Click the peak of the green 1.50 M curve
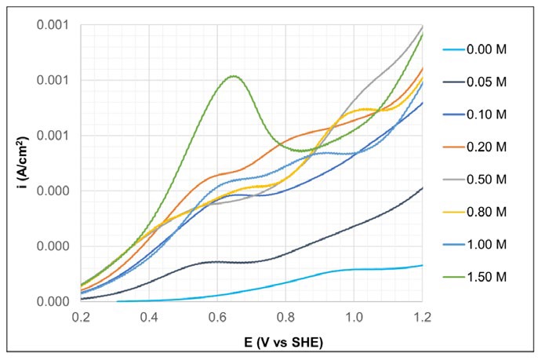click(233, 76)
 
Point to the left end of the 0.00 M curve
click(118, 301)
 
